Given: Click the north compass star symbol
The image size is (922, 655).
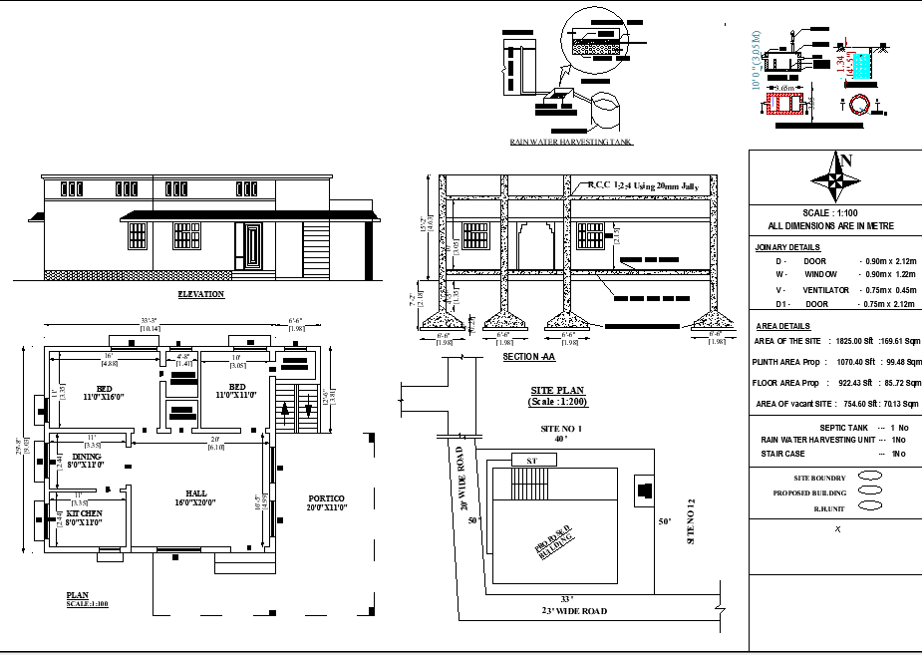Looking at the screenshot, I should [836, 180].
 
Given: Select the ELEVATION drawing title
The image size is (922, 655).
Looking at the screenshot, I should [200, 294].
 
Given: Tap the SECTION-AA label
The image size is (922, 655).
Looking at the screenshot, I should [528, 356].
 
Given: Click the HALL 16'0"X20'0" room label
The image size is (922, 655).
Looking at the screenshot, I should [194, 497].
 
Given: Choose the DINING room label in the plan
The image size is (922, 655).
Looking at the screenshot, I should [85, 461].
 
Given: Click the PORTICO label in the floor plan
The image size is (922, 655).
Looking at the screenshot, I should [326, 500].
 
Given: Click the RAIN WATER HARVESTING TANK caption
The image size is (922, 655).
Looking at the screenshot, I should [571, 143].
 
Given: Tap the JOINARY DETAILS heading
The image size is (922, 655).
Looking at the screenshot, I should [787, 246].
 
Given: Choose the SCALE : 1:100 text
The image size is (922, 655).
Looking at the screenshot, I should [835, 213].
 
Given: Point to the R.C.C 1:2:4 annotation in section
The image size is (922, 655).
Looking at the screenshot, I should [643, 185].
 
